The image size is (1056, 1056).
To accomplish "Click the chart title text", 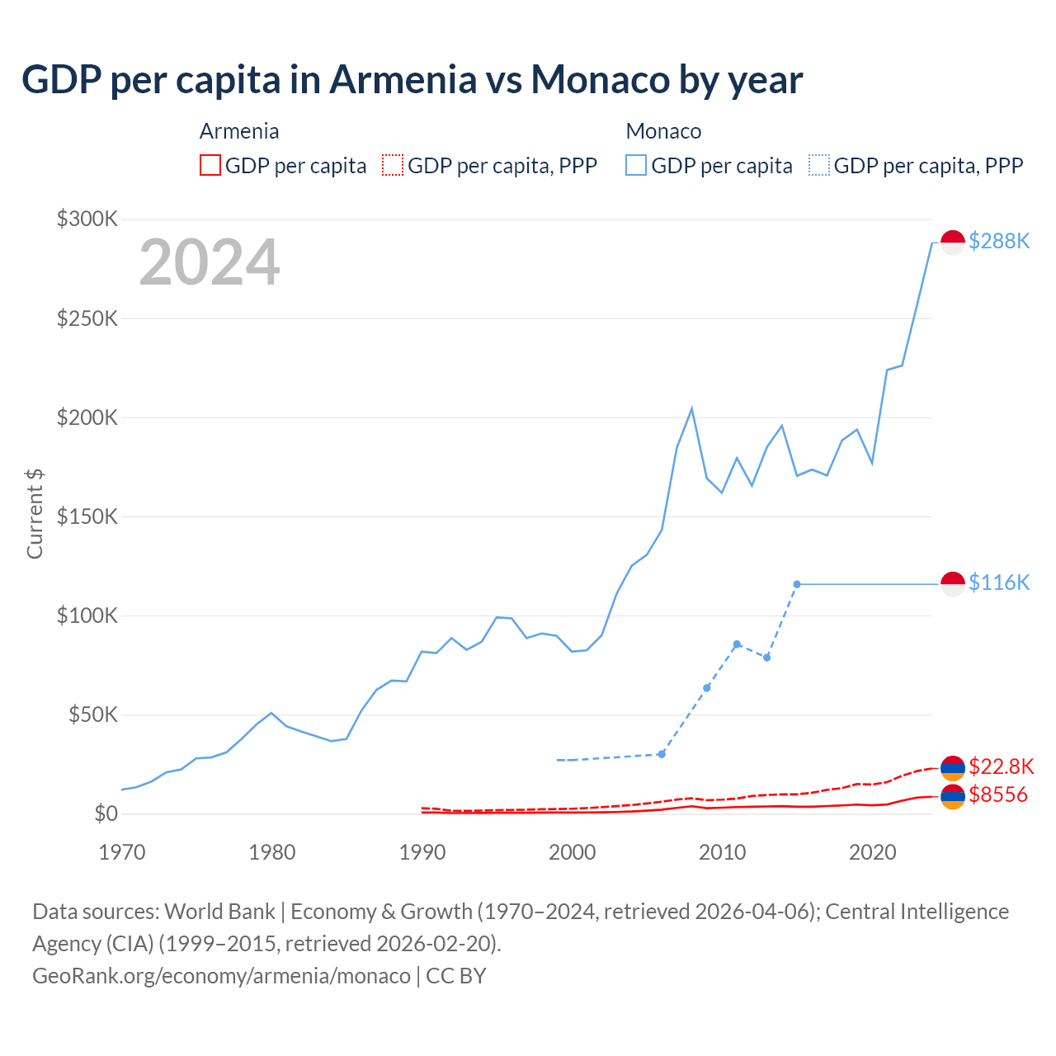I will point(412,80).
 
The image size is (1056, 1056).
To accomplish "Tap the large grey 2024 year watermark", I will point(210,262).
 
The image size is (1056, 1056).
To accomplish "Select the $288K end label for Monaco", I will point(999,241).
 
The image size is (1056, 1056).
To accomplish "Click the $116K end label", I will point(999,582).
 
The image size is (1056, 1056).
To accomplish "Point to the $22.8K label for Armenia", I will point(1001,766).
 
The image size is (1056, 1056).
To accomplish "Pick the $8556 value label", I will point(998,794).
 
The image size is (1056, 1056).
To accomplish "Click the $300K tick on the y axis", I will point(87,219).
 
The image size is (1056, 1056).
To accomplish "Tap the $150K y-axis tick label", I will point(87,516).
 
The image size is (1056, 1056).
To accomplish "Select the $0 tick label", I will point(106,813).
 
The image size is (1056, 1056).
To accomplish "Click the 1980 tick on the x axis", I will point(271,852).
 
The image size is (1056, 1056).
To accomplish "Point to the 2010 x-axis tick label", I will point(722,852).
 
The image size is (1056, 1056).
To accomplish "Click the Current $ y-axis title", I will point(35,513).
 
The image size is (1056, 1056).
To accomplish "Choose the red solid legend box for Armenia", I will point(210,165).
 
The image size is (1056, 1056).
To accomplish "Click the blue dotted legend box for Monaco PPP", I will point(819,165).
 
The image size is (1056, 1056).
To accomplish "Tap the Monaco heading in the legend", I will point(663,131).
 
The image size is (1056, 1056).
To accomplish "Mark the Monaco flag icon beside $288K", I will point(953,243).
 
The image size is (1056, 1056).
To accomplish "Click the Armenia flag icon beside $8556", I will point(953,797).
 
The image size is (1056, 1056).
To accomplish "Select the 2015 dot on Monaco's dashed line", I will point(797,584).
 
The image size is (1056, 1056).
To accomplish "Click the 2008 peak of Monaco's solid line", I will point(691,408).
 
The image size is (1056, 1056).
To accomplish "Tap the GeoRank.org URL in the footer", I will point(221,976).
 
